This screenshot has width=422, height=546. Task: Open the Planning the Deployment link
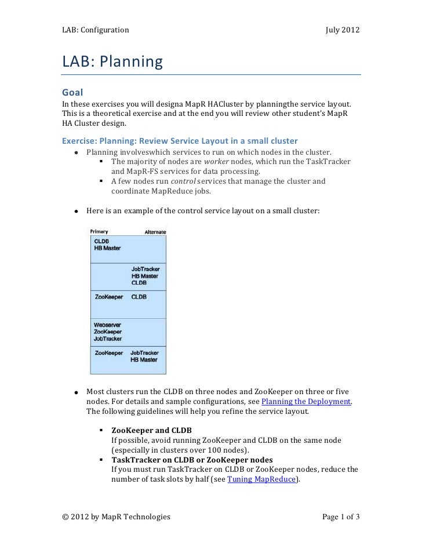(x=306, y=402)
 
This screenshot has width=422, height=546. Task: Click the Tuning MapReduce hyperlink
(x=262, y=479)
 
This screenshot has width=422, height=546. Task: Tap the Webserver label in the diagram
(x=108, y=325)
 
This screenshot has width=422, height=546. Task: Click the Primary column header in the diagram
(x=99, y=232)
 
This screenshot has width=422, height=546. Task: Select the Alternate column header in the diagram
(x=155, y=232)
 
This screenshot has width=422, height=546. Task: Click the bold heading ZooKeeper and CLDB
(x=151, y=431)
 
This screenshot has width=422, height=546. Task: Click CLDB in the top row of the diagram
(x=101, y=241)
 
